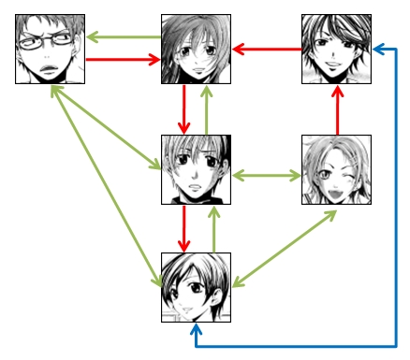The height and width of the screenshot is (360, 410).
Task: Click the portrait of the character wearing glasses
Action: click(x=50, y=49)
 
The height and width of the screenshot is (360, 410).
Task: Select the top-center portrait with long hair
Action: click(x=196, y=49)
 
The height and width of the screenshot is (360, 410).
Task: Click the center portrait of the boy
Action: click(x=196, y=169)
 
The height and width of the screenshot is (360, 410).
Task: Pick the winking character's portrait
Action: click(x=337, y=169)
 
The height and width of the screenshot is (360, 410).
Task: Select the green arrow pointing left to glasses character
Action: click(x=122, y=37)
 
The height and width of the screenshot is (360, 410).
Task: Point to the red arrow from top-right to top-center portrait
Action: click(x=266, y=49)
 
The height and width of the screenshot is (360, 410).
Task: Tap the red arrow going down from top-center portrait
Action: click(x=184, y=108)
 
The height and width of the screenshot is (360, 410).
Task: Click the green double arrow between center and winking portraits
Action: click(x=266, y=175)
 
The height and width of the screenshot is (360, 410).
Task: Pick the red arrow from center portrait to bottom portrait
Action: click(x=184, y=229)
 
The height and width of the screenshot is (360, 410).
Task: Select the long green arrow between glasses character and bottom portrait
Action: click(x=103, y=187)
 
